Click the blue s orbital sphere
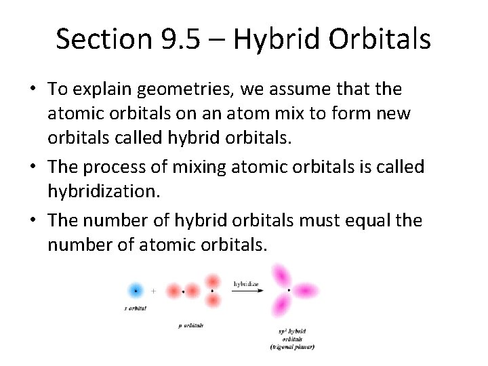(136, 290)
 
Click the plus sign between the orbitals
(154, 291)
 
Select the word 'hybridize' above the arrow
(246, 283)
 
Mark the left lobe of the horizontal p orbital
(174, 291)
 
